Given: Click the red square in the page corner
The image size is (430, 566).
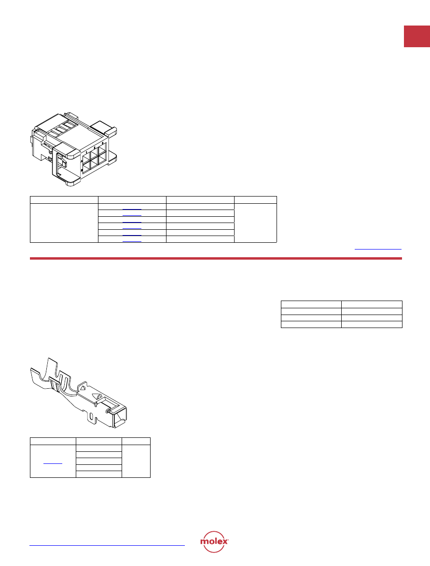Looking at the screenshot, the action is [416, 36].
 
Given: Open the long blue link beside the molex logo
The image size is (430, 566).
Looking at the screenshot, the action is [107, 545].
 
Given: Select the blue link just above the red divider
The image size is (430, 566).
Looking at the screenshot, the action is [378, 249].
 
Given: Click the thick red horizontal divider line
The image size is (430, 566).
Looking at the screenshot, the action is [216, 259].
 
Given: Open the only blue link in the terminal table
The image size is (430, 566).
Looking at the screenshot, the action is [53, 463].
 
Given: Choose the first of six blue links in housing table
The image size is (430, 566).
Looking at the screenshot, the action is [132, 209].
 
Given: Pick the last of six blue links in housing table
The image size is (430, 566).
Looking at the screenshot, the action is [132, 241].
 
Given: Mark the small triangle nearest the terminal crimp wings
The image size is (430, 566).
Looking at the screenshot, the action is [82, 388].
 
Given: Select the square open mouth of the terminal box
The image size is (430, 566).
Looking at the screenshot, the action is [119, 418].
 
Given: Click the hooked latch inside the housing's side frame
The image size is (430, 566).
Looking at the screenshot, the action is [62, 162].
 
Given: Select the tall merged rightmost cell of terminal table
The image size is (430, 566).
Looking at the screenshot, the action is [136, 461].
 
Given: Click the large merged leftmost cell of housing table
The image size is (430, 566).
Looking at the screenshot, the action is [64, 223].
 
